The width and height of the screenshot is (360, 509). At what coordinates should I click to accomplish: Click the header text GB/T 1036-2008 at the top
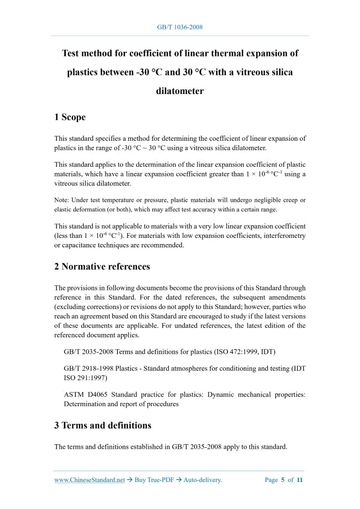pos(180,26)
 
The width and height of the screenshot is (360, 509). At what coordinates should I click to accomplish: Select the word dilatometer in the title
pos(180,91)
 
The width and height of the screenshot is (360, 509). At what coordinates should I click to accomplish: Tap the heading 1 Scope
pos(70,117)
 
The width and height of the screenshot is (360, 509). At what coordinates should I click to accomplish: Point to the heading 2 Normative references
pos(102,266)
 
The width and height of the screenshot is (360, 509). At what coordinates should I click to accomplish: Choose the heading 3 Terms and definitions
pos(103,425)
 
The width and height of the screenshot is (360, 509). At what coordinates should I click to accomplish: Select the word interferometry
pos(281,236)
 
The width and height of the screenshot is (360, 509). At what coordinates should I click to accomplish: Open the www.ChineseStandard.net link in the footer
pos(89,480)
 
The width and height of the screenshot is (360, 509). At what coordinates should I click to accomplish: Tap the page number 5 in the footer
pos(283,480)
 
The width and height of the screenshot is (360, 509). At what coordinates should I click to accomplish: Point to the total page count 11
pos(300,480)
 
